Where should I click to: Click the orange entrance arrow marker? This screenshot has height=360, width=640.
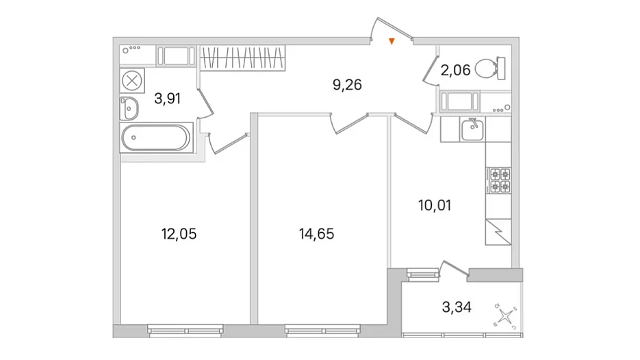click(x=392, y=41)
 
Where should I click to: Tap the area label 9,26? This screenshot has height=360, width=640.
click(x=347, y=84)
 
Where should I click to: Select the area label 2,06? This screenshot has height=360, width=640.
click(x=455, y=70)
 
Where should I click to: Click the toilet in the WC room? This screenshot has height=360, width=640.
click(x=490, y=68)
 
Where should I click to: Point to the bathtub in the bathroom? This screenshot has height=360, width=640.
click(x=156, y=138)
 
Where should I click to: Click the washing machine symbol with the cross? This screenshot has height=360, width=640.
click(x=132, y=80)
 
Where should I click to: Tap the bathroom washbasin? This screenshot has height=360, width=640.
click(x=129, y=109)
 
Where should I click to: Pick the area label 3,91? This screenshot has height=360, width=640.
click(x=167, y=99)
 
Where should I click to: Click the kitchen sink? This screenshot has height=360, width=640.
click(x=472, y=129)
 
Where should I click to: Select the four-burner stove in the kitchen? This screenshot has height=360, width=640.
click(x=500, y=181)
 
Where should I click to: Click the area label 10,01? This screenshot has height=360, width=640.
click(x=435, y=205)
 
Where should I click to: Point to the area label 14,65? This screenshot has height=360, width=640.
click(x=316, y=234)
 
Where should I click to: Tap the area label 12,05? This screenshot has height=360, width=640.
click(x=179, y=234)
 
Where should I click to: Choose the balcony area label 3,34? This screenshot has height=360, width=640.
click(x=457, y=307)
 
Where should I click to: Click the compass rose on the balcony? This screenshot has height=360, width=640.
click(x=506, y=316)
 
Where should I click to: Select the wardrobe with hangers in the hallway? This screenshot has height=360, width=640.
click(x=242, y=57)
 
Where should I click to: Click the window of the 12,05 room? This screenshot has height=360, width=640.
click(x=185, y=330)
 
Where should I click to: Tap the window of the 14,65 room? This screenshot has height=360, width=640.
click(x=323, y=330)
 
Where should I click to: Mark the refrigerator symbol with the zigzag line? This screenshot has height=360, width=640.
click(x=498, y=232)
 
